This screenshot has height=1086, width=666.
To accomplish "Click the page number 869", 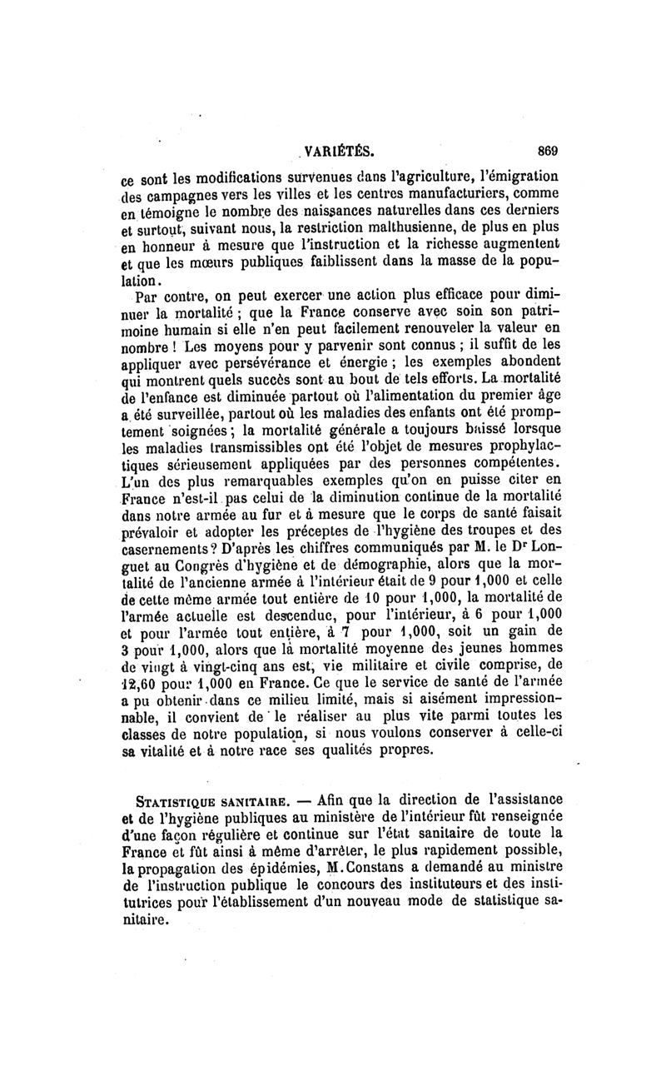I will click(x=547, y=152).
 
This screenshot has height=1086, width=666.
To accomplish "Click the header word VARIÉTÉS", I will click(x=339, y=152).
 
